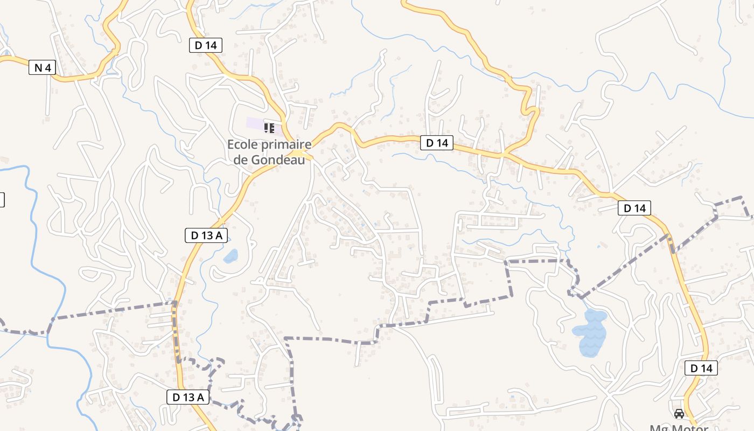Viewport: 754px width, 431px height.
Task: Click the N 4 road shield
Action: point(42,68)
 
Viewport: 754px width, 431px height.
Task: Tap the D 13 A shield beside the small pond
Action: point(206,235)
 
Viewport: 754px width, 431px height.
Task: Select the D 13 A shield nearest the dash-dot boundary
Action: point(188,398)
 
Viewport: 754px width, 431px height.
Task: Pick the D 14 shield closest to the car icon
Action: point(701,369)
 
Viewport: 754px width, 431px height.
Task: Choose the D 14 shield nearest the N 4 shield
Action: point(206,45)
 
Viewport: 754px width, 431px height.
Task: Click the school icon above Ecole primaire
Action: point(269,128)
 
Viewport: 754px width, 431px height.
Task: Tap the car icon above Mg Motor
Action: point(679,413)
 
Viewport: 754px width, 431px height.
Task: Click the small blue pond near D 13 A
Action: point(231,256)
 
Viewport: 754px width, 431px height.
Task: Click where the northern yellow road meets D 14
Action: point(504,155)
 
